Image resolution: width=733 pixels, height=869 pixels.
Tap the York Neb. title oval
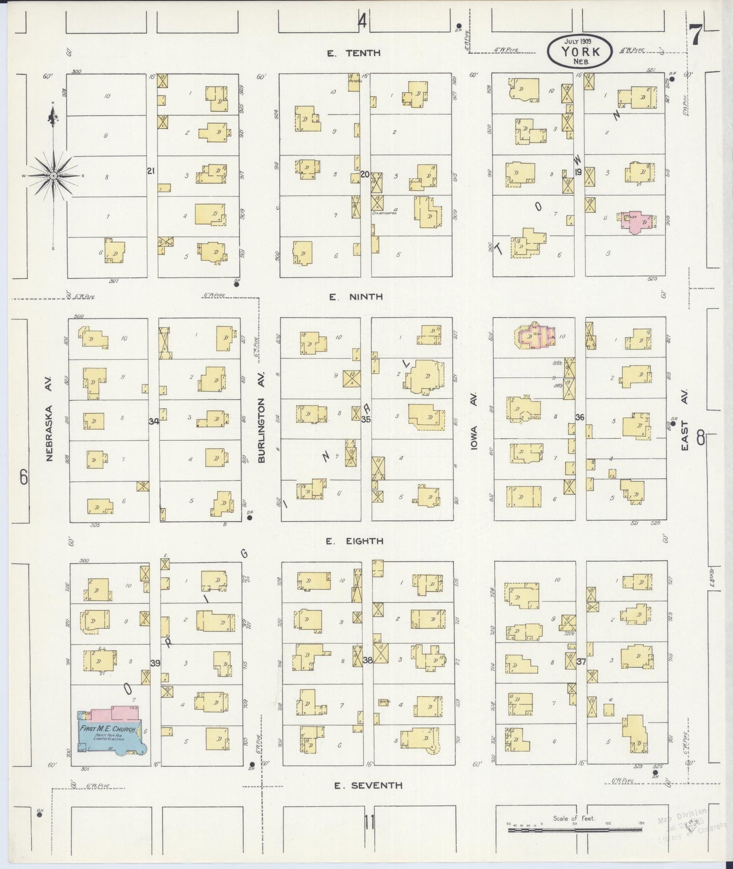click(580, 51)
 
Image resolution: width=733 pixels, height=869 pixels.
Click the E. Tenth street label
click(354, 53)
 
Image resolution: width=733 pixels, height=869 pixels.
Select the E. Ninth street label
click(356, 297)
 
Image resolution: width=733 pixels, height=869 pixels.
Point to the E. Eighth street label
click(355, 541)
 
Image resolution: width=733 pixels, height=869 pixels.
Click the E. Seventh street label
click(368, 785)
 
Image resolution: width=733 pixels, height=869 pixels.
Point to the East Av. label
click(684, 420)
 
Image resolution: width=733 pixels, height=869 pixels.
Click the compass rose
click(53, 175)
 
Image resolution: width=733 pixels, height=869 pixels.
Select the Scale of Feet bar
click(574, 830)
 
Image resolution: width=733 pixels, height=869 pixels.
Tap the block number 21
click(151, 171)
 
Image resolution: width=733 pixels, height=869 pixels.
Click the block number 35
click(366, 419)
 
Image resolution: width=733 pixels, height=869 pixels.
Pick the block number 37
click(581, 662)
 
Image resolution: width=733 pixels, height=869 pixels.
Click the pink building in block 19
click(636, 222)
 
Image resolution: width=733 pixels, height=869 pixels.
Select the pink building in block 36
click(535, 335)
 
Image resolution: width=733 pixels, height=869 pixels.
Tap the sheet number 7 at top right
click(695, 34)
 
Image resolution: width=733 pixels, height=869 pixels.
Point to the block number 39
click(155, 663)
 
